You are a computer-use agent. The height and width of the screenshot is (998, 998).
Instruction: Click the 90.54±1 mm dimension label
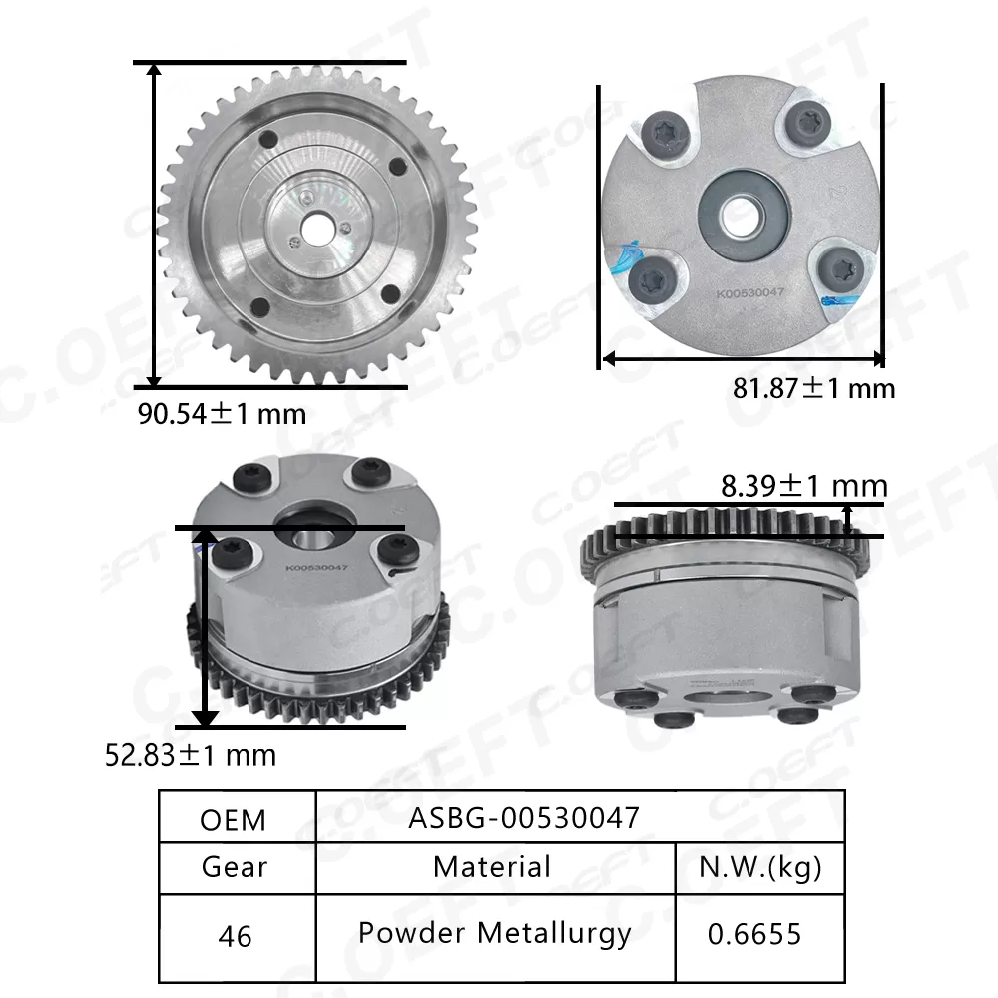(x=222, y=412)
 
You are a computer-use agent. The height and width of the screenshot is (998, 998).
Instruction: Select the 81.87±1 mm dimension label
(x=813, y=387)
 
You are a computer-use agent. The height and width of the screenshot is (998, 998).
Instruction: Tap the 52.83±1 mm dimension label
(x=191, y=754)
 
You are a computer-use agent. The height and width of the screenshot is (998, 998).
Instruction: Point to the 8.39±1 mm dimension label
(x=803, y=486)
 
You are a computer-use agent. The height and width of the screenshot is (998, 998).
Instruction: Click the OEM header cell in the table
(x=234, y=819)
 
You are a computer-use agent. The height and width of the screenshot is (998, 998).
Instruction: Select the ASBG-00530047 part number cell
(x=524, y=818)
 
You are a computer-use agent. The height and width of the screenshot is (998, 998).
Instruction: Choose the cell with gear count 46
(x=234, y=936)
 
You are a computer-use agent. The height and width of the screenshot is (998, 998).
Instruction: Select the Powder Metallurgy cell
(x=494, y=934)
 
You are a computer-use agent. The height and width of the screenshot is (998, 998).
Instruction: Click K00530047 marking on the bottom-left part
(x=315, y=569)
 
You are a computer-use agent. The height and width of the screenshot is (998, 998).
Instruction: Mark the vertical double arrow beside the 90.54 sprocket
(x=154, y=226)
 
